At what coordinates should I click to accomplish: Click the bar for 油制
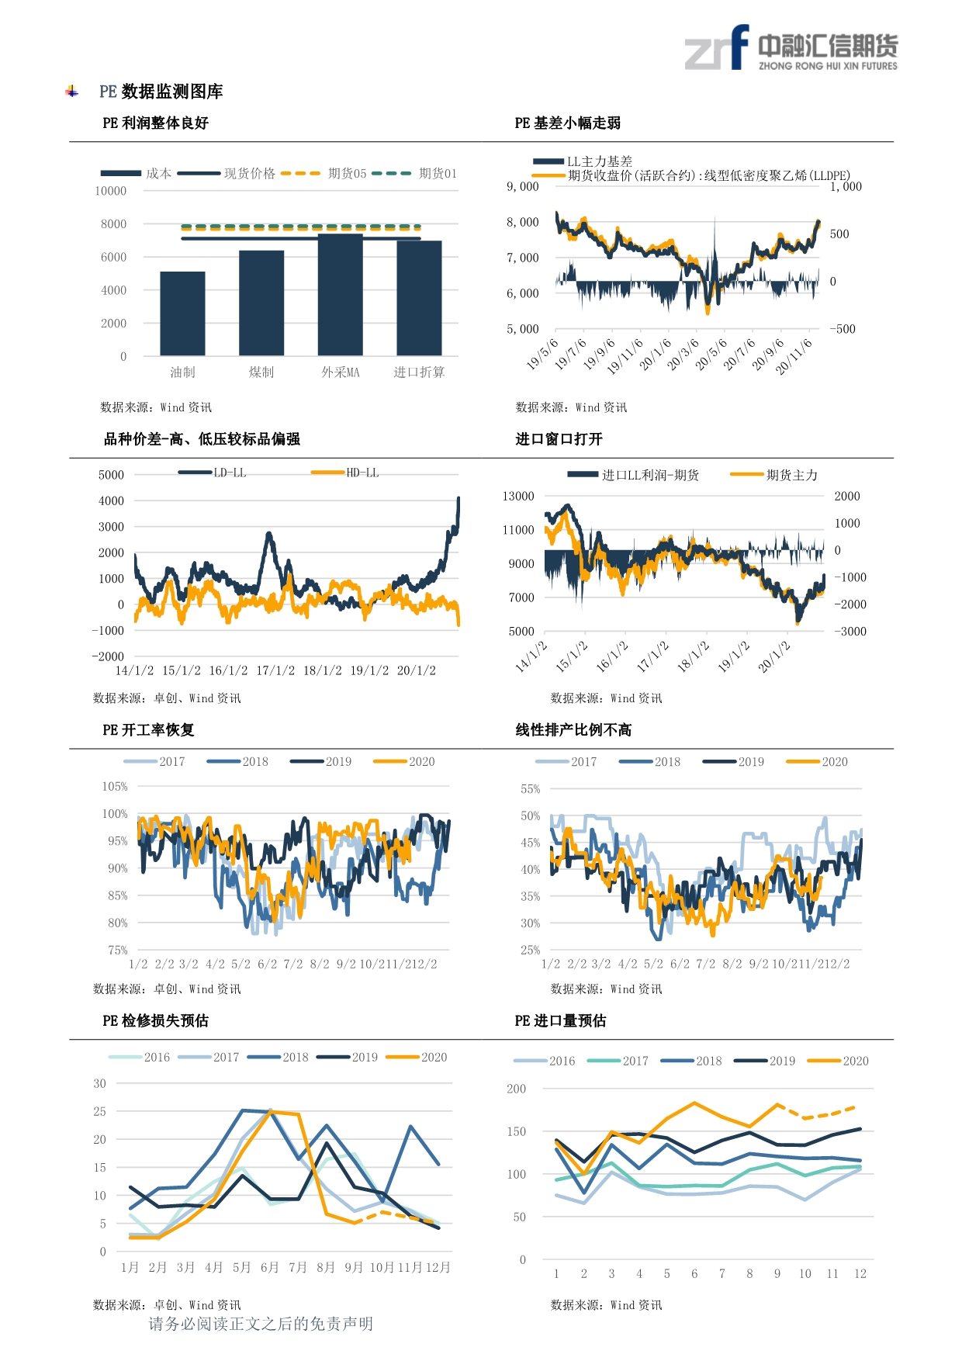[182, 313]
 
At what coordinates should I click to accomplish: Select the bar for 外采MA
[341, 295]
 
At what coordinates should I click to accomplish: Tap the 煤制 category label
[261, 372]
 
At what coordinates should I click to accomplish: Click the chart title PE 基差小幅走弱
[568, 123]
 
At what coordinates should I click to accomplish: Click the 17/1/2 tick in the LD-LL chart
[275, 670]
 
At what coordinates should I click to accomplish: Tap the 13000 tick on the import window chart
[519, 496]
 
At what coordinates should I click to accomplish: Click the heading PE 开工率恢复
[148, 729]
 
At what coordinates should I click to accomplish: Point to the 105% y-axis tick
[115, 786]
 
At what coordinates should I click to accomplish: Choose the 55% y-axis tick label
[531, 788]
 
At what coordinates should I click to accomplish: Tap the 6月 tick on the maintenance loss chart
[269, 1267]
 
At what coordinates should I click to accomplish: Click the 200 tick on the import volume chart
[517, 1089]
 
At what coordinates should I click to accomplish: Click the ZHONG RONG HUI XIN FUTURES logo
[791, 48]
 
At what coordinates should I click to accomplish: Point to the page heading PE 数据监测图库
[161, 92]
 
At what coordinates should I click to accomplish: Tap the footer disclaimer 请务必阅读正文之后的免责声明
[261, 1324]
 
